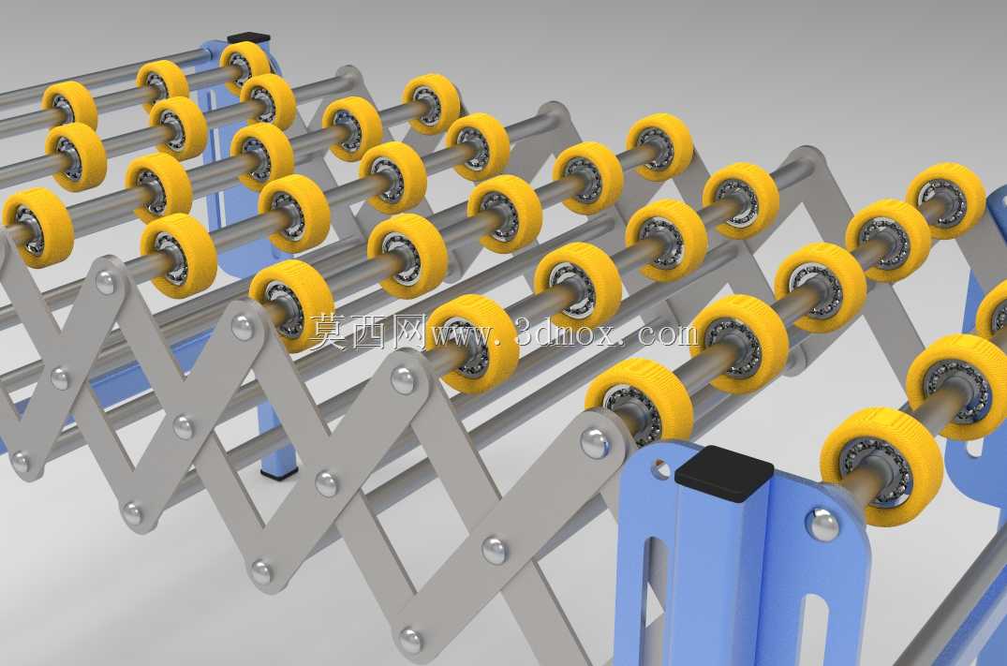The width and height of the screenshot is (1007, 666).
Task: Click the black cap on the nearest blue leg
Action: point(724,473)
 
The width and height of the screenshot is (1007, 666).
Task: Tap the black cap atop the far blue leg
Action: point(248,38)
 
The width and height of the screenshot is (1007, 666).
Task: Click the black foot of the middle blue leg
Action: point(279,474)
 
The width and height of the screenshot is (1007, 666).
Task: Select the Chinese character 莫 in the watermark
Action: point(330,332)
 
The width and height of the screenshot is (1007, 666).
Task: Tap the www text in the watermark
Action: point(465,335)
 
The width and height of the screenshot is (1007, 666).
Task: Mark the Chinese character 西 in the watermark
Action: point(369,332)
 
